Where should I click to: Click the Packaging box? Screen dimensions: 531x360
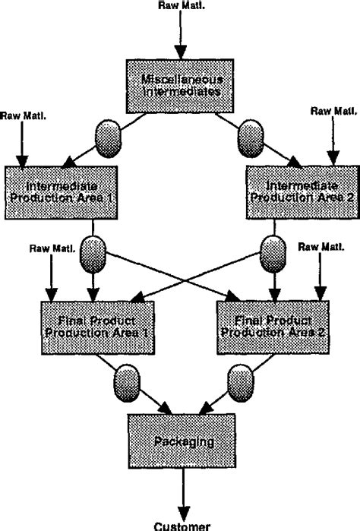[x=180, y=441]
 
